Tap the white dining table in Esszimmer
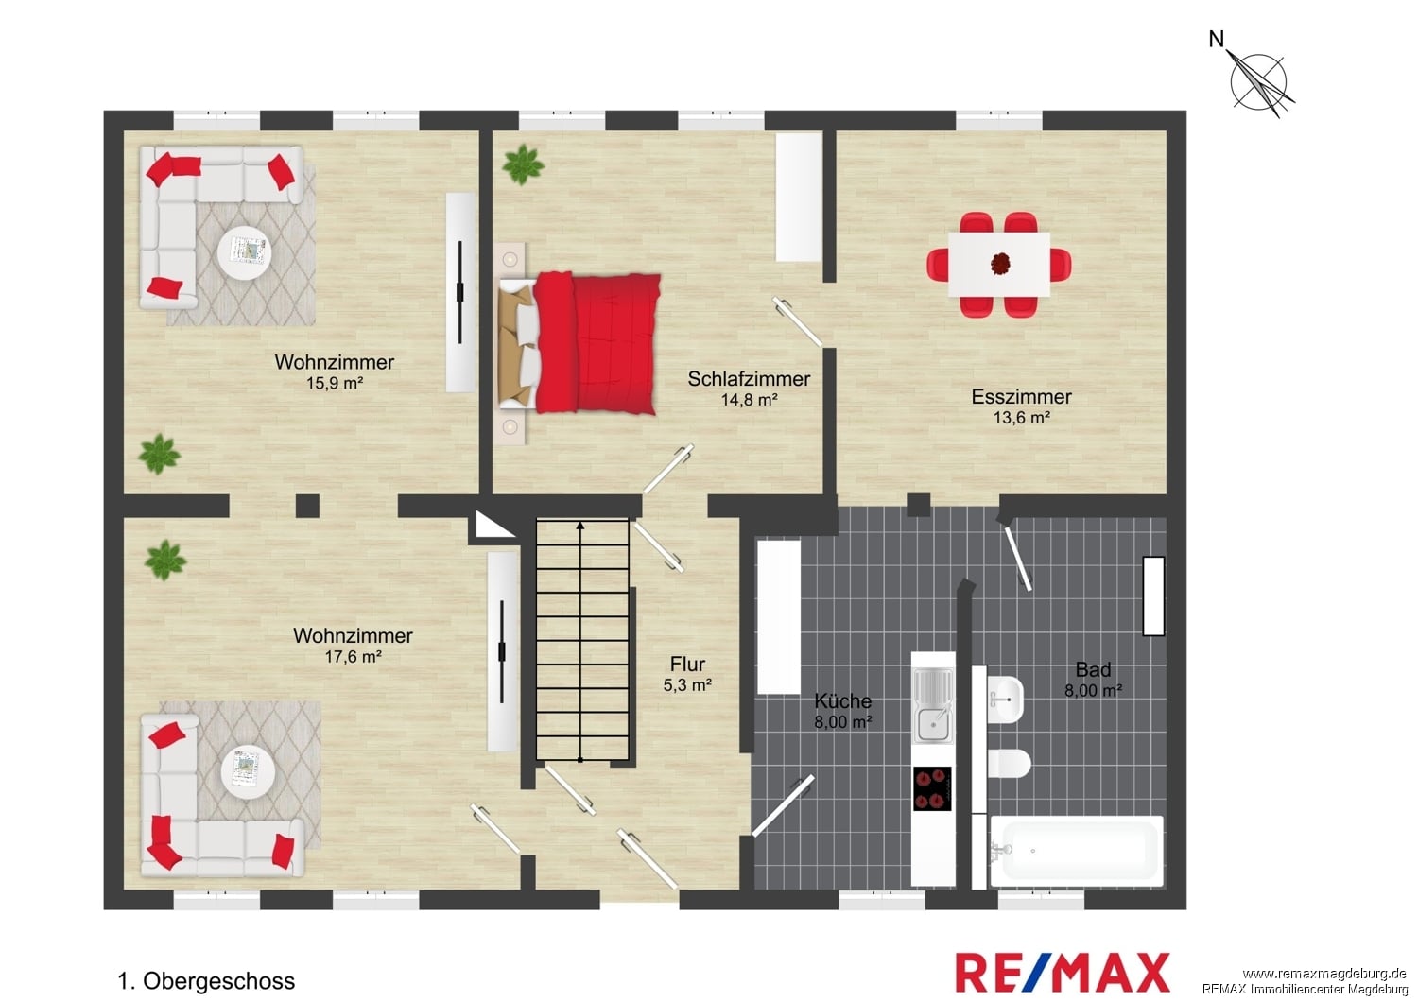click(x=999, y=265)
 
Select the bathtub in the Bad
click(x=1076, y=852)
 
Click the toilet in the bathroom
click(x=1009, y=764)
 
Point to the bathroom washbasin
click(x=1005, y=700)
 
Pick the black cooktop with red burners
click(x=932, y=788)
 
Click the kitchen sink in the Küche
click(x=932, y=706)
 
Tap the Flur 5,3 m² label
click(x=687, y=674)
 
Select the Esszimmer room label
click(x=1021, y=397)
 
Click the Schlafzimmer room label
click(x=749, y=378)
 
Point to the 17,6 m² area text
click(x=353, y=657)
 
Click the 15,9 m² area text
click(x=335, y=383)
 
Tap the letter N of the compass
click(x=1216, y=40)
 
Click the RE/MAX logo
click(x=1063, y=973)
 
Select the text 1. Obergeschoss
click(x=206, y=981)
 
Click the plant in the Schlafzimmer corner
click(x=523, y=164)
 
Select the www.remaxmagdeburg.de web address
click(x=1324, y=974)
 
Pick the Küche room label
click(x=842, y=700)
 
